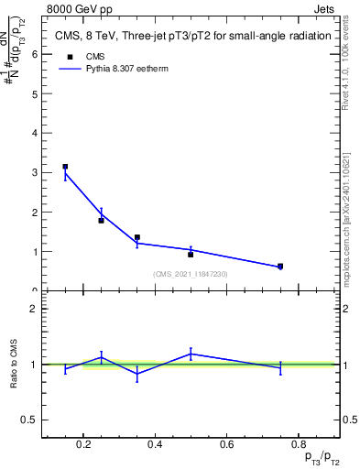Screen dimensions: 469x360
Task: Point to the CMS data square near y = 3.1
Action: [65, 167]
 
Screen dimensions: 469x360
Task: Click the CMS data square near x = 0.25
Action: [101, 220]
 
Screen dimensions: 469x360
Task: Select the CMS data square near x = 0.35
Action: [136, 237]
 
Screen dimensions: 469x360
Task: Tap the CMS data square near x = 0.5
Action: [191, 254]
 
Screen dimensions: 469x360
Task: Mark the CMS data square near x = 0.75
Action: [280, 267]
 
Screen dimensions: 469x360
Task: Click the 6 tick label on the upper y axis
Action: [34, 53]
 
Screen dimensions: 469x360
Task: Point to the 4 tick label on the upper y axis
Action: [34, 133]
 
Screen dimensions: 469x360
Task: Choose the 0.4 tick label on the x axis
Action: [154, 446]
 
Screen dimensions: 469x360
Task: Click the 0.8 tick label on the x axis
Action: [298, 446]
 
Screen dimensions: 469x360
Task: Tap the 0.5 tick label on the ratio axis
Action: [29, 420]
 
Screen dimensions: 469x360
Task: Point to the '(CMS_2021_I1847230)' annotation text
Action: [190, 274]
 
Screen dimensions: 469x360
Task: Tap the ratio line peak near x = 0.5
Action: [191, 353]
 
